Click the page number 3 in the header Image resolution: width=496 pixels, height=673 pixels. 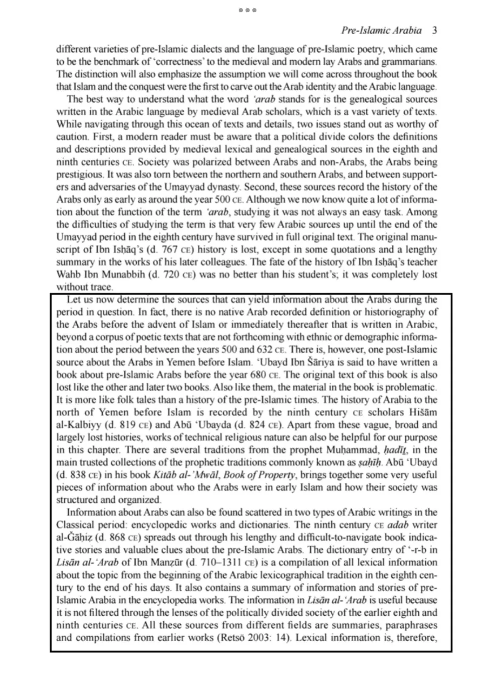pos(434,31)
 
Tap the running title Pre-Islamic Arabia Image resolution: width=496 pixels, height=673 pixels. pos(381,31)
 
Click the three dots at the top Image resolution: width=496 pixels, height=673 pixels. pos(248,10)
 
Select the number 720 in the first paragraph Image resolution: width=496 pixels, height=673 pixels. pos(171,275)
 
